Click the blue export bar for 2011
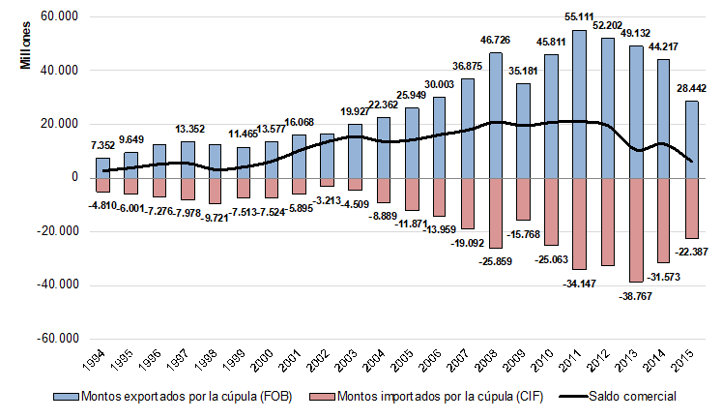click(579, 104)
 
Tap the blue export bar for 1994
click(103, 167)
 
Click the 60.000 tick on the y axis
click(56, 17)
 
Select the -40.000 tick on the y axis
click(54, 285)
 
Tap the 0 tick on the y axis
click(72, 178)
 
